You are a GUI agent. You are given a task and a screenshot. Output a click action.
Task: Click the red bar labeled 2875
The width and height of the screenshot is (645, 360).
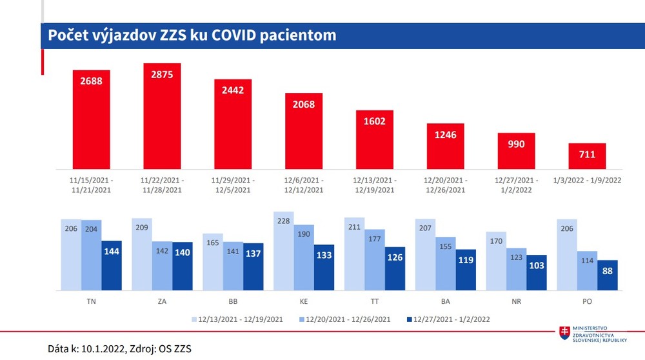[162, 116]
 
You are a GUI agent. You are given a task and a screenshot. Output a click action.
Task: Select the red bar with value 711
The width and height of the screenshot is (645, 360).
[587, 155]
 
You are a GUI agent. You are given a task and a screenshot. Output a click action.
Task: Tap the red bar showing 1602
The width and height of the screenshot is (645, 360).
[375, 139]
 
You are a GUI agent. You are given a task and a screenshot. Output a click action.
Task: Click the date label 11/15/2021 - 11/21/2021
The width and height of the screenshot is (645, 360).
[91, 185]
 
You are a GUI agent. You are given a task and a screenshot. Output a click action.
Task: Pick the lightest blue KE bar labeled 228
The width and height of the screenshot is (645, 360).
[284, 250]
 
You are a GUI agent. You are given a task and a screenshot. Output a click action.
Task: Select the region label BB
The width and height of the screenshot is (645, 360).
[233, 300]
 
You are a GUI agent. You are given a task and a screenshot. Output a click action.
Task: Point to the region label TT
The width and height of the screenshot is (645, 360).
[375, 300]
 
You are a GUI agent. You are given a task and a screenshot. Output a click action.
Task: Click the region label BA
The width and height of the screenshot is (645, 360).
[445, 300]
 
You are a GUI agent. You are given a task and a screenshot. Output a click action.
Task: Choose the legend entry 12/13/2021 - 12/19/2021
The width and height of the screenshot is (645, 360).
[238, 319]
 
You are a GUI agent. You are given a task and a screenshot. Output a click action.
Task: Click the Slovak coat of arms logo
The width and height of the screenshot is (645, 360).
[565, 332]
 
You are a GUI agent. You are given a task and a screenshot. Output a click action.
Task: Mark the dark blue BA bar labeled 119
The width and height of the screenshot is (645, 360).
[466, 268]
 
